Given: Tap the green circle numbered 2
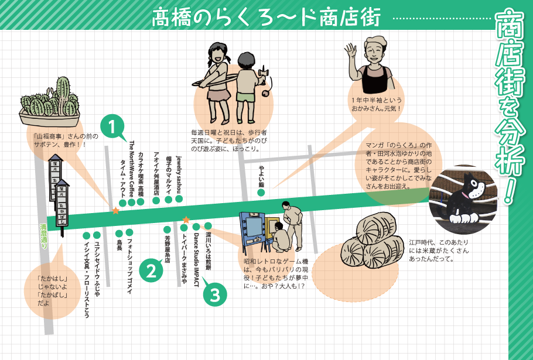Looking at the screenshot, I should coord(151,270).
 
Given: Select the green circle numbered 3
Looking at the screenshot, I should coord(215,294).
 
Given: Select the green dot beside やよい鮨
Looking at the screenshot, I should coord(261,192).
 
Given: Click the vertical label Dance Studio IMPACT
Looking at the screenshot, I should coord(196,258).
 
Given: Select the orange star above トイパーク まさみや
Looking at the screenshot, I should coord(186,220).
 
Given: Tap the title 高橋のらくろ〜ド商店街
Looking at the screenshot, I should coord(266,17).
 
